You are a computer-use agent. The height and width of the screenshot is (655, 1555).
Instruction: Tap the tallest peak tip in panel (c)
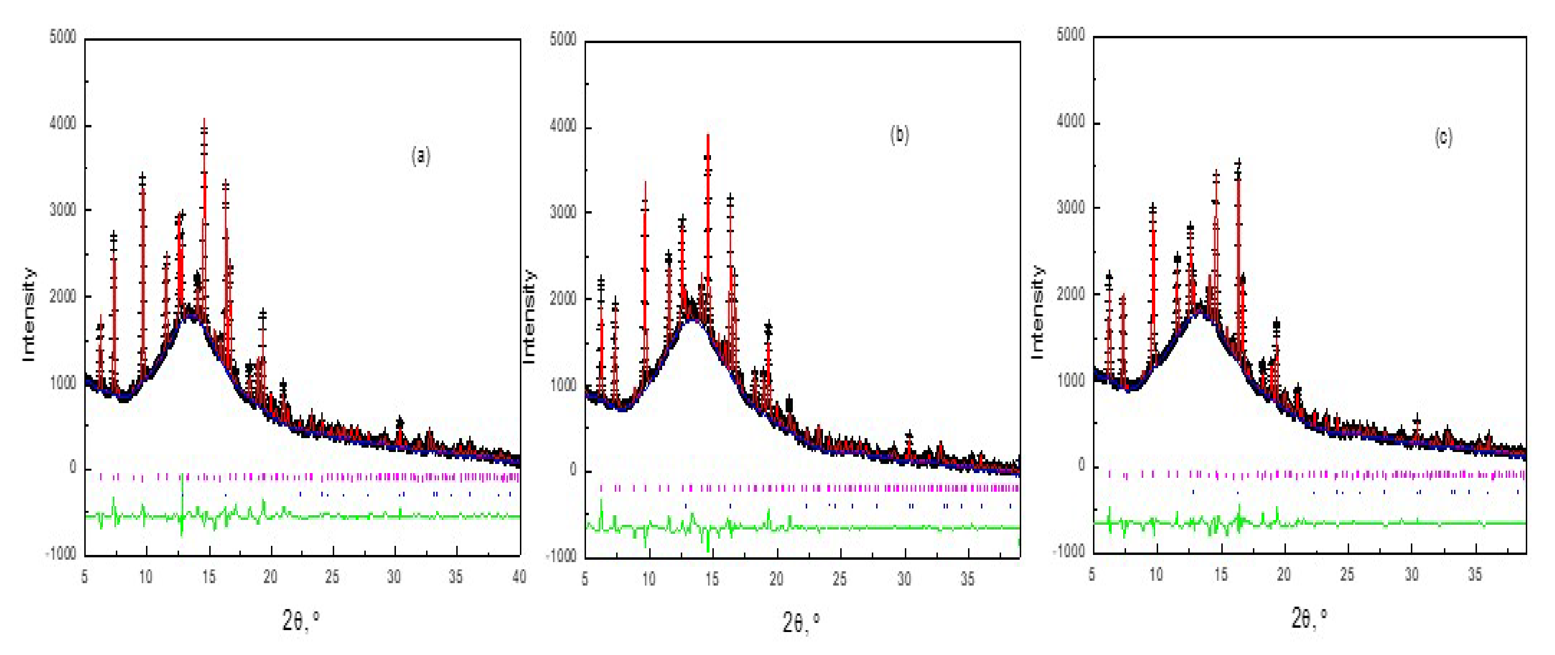1238,162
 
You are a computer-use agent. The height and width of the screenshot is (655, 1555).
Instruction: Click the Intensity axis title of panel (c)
1037,312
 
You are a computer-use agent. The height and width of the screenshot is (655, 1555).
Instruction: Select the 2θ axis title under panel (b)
800,622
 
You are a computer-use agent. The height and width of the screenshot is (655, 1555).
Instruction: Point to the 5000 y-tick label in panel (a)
63,37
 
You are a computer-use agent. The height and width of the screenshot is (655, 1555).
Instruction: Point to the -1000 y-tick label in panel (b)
561,556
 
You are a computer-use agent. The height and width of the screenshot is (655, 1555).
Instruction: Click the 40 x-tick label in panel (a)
518,577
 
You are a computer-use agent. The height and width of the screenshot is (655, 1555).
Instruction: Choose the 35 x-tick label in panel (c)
1475,574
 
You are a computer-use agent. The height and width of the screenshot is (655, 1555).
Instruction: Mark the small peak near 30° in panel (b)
909,435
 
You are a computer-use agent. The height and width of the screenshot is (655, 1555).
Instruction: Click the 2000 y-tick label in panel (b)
563,299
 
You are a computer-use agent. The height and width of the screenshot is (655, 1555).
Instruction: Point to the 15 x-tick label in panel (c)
1220,574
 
